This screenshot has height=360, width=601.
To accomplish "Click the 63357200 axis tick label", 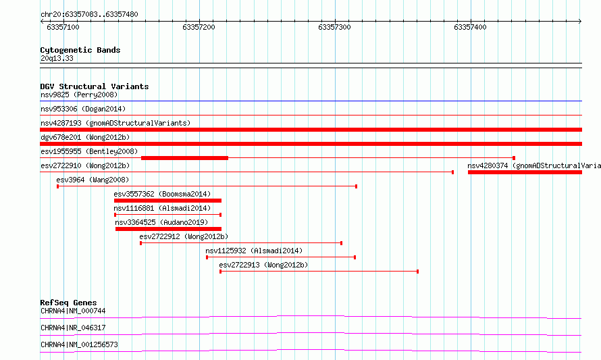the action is (199, 27).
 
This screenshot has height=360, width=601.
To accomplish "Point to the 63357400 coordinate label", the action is (470, 27).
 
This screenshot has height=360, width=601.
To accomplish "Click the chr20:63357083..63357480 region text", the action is (89, 15).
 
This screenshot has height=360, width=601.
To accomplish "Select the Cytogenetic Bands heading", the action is (80, 50).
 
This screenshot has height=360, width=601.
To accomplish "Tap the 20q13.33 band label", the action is (57, 58).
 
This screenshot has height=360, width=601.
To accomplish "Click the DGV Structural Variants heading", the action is (95, 86).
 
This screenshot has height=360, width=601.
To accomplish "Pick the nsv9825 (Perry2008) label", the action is (79, 95).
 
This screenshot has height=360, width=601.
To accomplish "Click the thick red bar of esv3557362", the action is (167, 201).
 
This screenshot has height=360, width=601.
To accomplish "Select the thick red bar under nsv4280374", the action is (525, 172).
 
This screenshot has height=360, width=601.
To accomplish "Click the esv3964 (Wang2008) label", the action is (93, 180).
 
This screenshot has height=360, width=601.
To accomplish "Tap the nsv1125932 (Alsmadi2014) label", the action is (254, 251).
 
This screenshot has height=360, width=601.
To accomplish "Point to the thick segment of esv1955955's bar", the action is (185, 158).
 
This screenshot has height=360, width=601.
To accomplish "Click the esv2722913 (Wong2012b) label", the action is (263, 265).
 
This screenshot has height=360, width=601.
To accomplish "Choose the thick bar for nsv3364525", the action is (168, 229).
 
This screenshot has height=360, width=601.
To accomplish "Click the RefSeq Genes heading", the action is (68, 303).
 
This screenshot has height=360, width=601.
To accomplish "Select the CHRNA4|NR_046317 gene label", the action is (73, 328).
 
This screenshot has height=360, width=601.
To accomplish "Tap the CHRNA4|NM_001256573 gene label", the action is (79, 344).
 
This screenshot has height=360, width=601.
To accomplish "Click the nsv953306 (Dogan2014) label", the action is (83, 109).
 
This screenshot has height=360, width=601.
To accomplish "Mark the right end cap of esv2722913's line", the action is (418, 272).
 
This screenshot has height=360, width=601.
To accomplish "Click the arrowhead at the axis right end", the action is (580, 22).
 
